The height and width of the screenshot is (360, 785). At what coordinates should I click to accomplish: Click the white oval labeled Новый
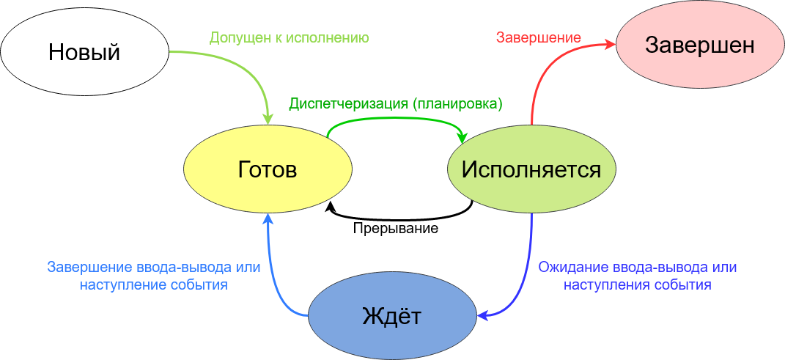pyautogui.click(x=84, y=52)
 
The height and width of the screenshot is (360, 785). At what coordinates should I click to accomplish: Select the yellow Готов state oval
pyautogui.click(x=268, y=170)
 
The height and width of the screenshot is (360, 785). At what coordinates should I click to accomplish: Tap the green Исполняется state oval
pyautogui.click(x=531, y=170)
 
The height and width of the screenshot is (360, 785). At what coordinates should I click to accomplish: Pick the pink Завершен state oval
pyautogui.click(x=699, y=45)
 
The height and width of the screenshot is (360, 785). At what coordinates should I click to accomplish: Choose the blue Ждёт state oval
pyautogui.click(x=392, y=317)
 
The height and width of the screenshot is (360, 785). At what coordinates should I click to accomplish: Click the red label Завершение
pyautogui.click(x=539, y=37)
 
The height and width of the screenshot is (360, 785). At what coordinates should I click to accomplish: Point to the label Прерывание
pyautogui.click(x=396, y=228)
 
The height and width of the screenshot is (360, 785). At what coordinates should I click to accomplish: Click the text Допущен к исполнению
pyautogui.click(x=289, y=37)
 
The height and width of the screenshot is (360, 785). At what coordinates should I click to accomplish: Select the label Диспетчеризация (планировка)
pyautogui.click(x=396, y=103)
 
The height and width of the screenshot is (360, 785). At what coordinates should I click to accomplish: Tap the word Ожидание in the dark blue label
pyautogui.click(x=572, y=267)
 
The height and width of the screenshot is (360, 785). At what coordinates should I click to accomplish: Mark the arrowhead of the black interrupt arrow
pyautogui.click(x=331, y=208)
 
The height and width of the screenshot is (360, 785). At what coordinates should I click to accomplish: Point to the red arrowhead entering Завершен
pyautogui.click(x=610, y=45)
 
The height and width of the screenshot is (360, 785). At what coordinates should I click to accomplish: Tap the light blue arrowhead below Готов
pyautogui.click(x=268, y=219)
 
